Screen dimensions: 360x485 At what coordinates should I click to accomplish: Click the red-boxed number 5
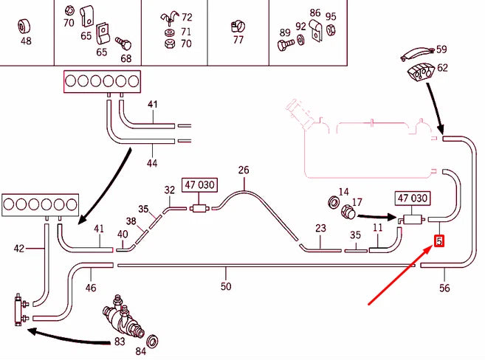(x=439, y=240)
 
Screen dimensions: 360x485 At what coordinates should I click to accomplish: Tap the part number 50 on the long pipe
(x=226, y=285)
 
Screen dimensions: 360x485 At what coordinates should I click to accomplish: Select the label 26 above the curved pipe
(x=244, y=170)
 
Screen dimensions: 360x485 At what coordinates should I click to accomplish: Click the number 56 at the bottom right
(x=444, y=288)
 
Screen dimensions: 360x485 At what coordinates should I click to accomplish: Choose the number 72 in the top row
(x=187, y=17)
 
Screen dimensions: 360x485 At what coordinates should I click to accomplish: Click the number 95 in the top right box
(x=331, y=17)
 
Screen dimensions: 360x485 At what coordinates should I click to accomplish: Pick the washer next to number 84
(x=154, y=343)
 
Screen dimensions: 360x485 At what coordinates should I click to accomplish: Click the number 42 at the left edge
(x=20, y=249)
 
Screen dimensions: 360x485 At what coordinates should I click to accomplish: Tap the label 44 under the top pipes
(x=153, y=162)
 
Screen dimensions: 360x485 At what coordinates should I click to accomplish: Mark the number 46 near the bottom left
(x=91, y=288)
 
